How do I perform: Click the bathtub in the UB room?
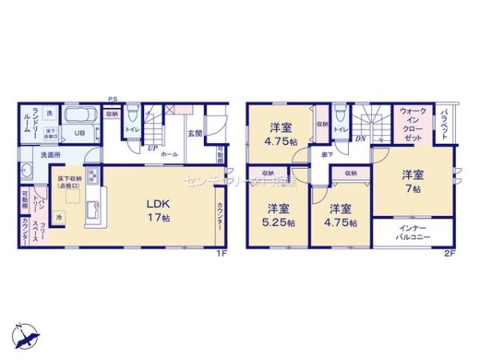[81, 115]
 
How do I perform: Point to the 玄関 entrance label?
[194, 133]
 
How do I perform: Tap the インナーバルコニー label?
[413, 233]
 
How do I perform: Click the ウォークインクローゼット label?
[414, 125]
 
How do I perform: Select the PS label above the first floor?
[115, 100]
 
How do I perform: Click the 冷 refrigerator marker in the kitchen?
[59, 216]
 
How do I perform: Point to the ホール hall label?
[169, 153]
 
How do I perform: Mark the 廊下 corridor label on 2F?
[328, 153]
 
